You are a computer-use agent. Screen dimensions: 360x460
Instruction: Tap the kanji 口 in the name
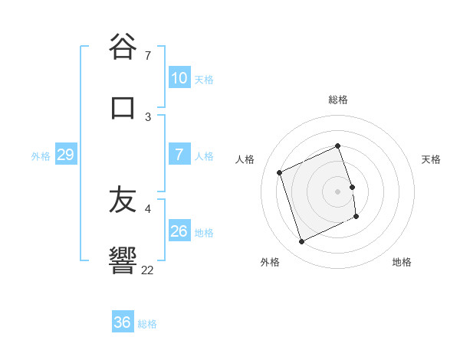123,107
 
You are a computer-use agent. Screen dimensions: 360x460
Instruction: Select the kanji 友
123,200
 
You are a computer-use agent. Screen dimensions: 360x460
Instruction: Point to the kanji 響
123,260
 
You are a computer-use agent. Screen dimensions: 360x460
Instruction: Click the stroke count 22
148,270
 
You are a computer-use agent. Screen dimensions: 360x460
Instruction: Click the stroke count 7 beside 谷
148,55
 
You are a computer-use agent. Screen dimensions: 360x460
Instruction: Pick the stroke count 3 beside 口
148,116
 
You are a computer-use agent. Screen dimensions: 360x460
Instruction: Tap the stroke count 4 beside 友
148,208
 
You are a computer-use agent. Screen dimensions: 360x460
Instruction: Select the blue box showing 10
179,78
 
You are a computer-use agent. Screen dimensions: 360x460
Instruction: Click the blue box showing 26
179,231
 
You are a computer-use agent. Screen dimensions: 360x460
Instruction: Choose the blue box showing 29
65,155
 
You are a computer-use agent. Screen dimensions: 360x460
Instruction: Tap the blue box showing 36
123,322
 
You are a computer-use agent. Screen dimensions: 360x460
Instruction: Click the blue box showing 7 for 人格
179,155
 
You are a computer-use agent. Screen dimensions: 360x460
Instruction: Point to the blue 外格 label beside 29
41,155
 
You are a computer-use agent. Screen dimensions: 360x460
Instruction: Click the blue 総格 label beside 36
147,323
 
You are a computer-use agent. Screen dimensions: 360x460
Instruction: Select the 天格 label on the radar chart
431,159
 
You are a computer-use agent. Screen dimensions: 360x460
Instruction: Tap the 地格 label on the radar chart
402,262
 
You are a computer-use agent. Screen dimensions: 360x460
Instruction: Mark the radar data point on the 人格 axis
280,172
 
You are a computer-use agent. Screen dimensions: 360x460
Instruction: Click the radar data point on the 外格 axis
302,242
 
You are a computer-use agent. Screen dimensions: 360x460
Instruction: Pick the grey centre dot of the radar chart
338,191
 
